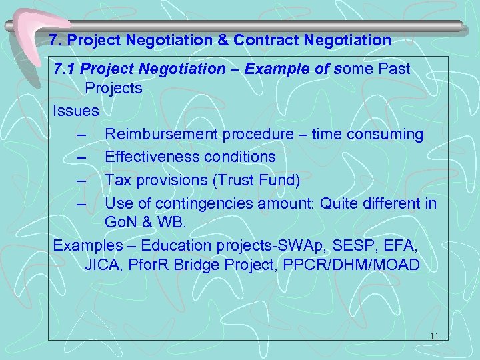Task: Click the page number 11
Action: [x=434, y=336]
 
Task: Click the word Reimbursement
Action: [x=158, y=134]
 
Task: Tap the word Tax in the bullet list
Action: [x=118, y=180]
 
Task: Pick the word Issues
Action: [x=76, y=111]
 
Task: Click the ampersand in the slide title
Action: [x=223, y=41]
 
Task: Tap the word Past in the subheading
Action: [x=394, y=69]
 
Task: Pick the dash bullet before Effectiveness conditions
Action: [x=82, y=157]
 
